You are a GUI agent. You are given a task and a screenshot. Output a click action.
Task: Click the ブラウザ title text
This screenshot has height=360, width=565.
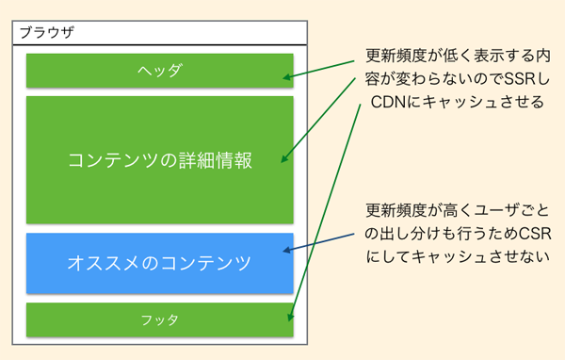(47, 32)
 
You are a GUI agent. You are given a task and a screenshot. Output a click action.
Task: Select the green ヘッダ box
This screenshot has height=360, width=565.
(160, 71)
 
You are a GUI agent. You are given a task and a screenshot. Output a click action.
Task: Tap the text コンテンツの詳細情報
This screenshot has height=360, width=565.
(160, 160)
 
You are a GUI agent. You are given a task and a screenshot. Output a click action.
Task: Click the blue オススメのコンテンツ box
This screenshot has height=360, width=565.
(160, 263)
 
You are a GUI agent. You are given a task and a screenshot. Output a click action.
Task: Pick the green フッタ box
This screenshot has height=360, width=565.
(160, 319)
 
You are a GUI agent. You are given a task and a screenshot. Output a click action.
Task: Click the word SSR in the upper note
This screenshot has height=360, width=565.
(520, 79)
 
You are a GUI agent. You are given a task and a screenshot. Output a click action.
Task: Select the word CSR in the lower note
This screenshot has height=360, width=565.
(535, 234)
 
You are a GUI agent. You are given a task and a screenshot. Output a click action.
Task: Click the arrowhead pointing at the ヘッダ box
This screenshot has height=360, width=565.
(287, 77)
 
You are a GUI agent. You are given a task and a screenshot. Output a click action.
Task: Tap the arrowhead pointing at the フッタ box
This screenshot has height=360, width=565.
(290, 317)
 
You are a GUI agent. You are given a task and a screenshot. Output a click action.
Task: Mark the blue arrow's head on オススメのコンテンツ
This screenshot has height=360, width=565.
(287, 250)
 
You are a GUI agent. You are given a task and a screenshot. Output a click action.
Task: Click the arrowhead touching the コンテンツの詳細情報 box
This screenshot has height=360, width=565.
(284, 158)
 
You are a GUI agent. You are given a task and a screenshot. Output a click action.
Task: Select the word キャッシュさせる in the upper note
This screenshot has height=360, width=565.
(483, 102)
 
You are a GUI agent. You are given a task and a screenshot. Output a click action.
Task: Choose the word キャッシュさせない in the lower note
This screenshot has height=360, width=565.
(481, 256)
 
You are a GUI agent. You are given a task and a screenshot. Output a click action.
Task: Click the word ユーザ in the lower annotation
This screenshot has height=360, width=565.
(497, 210)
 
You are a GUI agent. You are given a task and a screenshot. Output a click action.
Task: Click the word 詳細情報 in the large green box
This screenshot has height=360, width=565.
(215, 160)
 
